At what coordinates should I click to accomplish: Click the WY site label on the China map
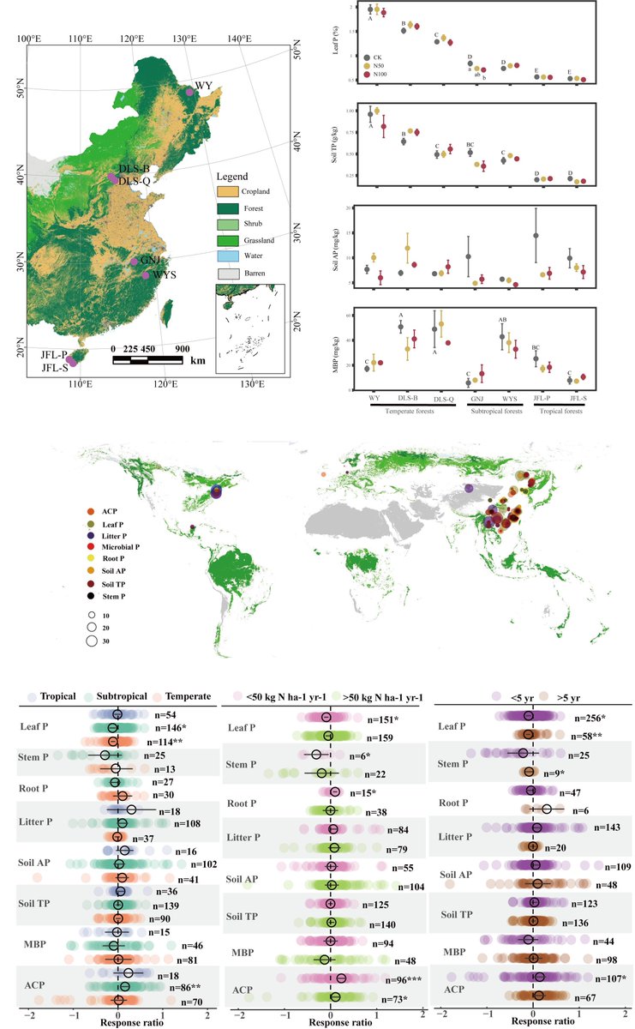pos(203,86)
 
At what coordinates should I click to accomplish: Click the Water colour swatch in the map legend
pos(226,256)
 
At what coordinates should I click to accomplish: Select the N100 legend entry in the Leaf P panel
pos(382,75)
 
